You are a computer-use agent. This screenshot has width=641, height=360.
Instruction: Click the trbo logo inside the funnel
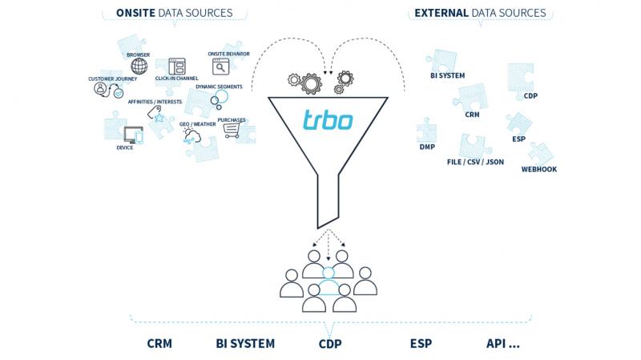(328, 121)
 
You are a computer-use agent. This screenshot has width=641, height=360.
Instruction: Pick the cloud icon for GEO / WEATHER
(192, 136)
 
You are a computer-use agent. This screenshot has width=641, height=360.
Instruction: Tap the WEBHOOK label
(538, 169)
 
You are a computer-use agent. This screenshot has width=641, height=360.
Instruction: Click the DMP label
(426, 147)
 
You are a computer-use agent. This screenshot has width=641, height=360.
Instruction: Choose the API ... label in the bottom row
(502, 344)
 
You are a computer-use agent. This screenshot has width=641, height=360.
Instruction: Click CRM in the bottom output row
(159, 344)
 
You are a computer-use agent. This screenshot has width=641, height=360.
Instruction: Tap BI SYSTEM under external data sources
(448, 75)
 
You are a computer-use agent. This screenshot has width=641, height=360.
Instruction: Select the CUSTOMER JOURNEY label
(113, 79)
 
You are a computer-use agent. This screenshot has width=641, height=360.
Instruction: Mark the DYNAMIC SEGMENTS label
(218, 86)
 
